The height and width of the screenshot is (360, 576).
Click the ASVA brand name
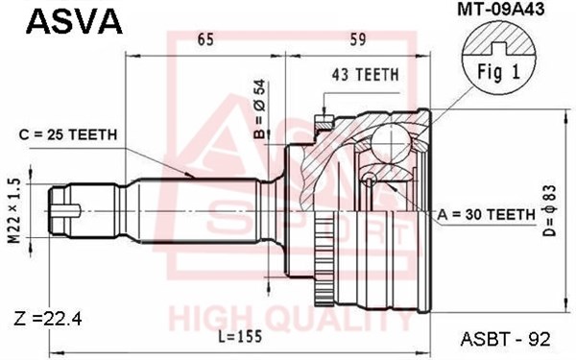[x=74, y=21]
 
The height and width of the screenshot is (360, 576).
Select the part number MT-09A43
[x=501, y=10]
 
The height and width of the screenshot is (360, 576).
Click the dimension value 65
[x=205, y=39]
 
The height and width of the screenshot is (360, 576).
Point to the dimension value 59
[x=358, y=39]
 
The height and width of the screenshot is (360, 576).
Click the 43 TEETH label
[x=365, y=75]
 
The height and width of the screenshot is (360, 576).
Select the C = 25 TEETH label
[x=68, y=134]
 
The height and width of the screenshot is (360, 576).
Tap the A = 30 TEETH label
[x=487, y=214]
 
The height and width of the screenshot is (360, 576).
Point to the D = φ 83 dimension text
[x=551, y=210]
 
